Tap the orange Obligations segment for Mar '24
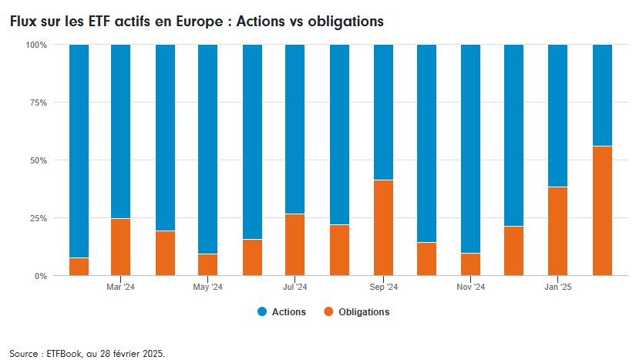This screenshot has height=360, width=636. coord(121,247)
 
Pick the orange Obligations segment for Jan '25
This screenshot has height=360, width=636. coord(558,230)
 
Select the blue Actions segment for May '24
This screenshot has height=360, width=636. coord(208,149)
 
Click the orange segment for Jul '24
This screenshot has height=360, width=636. coord(295,244)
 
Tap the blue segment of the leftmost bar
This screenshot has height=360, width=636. coord(79,150)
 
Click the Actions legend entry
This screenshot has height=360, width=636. coord(281,312)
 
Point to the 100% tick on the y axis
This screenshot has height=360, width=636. coord(36,45)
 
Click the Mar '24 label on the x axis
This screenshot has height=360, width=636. coord(121,288)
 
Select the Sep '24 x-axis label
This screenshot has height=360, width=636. coord(384,288)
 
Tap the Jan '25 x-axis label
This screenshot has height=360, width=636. coord(558,288)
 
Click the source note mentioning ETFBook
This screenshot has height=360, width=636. coord(87,354)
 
